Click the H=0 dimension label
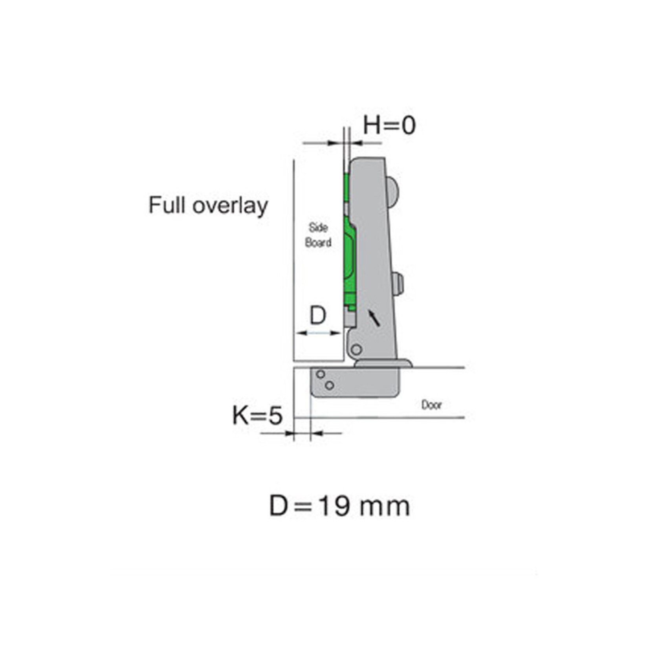click(x=389, y=126)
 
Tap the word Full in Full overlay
click(x=167, y=205)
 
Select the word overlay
click(x=231, y=206)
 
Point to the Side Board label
click(x=318, y=235)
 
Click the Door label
click(x=431, y=405)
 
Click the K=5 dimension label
click(x=257, y=416)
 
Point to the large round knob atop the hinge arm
click(x=393, y=191)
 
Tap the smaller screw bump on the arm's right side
click(x=398, y=283)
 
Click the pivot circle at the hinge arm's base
click(x=356, y=349)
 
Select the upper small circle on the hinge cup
click(x=321, y=374)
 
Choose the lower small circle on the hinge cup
click(x=330, y=385)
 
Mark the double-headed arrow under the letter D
click(x=318, y=333)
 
